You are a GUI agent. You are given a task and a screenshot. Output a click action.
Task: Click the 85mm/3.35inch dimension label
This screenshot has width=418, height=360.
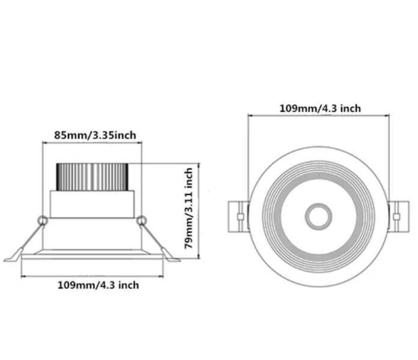pyautogui.click(x=95, y=135)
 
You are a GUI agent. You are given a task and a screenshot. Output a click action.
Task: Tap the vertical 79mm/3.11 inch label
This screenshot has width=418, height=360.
pyautogui.click(x=189, y=208)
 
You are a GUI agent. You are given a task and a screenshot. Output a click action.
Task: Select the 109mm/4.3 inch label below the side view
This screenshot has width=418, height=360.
pyautogui.click(x=98, y=285)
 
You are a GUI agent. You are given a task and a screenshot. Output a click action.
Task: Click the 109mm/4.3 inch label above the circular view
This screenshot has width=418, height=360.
pyautogui.click(x=320, y=108)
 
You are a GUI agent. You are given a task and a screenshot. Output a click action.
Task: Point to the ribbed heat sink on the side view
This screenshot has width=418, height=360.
pyautogui.click(x=92, y=177)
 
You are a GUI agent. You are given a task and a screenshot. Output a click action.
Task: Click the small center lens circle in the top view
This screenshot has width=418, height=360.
pyautogui.click(x=318, y=216)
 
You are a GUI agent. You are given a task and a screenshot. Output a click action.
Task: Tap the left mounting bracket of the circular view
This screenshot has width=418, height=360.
pyautogui.click(x=238, y=217)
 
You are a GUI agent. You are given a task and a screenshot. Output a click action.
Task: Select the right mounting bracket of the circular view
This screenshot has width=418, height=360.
pyautogui.click(x=398, y=216)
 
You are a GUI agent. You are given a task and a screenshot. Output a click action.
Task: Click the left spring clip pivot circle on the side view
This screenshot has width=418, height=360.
pyautogui.click(x=43, y=221)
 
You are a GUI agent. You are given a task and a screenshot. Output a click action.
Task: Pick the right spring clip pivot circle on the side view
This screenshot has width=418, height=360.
pyautogui.click(x=142, y=221)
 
